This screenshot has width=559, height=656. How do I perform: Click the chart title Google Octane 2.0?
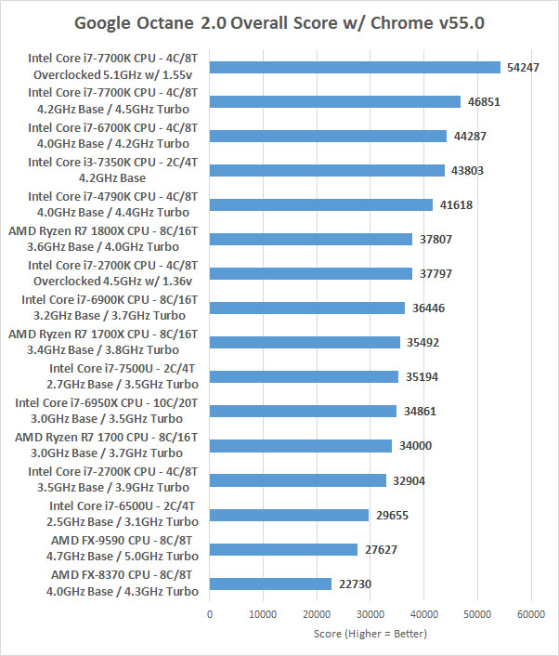pyautogui.click(x=279, y=21)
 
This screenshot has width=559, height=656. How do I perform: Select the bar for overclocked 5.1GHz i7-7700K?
pyautogui.click(x=355, y=67)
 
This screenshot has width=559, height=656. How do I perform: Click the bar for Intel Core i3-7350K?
pyautogui.click(x=327, y=170)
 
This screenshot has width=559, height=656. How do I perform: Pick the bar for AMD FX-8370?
pyautogui.click(x=270, y=584)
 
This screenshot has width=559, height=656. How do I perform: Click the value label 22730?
pyautogui.click(x=353, y=584)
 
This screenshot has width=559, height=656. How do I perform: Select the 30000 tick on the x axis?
pyautogui.click(x=370, y=614)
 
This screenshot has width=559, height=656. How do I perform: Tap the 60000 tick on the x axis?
pyautogui.click(x=530, y=614)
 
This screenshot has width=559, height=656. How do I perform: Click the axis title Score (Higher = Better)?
pyautogui.click(x=370, y=634)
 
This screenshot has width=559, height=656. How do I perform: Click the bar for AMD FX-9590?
pyautogui.click(x=283, y=549)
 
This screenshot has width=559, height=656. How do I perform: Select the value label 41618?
pyautogui.click(x=454, y=204)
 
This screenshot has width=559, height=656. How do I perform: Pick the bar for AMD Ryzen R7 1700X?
pyautogui.click(x=305, y=342)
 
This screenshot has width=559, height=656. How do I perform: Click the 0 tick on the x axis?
pyautogui.click(x=210, y=614)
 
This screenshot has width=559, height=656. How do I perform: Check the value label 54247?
pyautogui.click(x=522, y=67)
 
